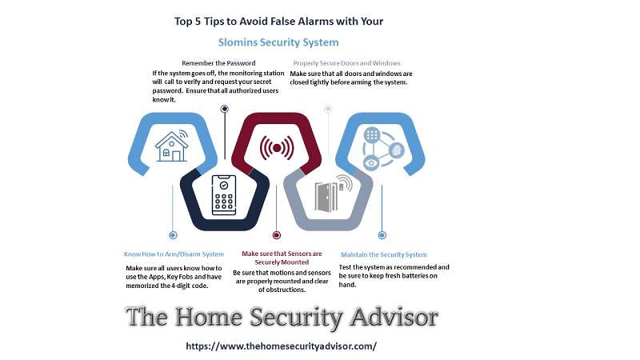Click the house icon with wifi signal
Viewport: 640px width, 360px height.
click(172, 146)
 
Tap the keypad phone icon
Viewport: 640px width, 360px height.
click(224, 195)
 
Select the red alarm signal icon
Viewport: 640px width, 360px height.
click(277, 148)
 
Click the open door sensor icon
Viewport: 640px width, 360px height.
click(334, 194)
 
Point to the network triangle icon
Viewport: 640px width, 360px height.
click(383, 149)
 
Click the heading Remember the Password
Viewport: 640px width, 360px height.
click(218, 63)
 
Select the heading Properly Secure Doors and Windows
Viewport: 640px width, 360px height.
click(346, 63)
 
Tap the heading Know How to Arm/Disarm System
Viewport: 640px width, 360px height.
click(174, 254)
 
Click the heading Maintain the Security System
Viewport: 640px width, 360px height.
click(384, 254)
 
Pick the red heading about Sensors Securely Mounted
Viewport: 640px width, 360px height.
click(282, 258)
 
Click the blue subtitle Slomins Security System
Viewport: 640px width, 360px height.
click(278, 42)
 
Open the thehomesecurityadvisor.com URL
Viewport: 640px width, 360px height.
click(282, 346)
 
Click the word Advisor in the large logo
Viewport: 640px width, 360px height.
click(394, 317)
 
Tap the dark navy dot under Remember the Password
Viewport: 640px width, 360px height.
click(225, 109)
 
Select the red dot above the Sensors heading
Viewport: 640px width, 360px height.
click(277, 235)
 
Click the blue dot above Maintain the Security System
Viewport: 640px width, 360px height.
click(382, 235)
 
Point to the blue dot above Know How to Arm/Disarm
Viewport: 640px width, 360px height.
click(173, 235)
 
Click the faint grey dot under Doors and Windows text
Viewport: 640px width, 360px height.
click(328, 109)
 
